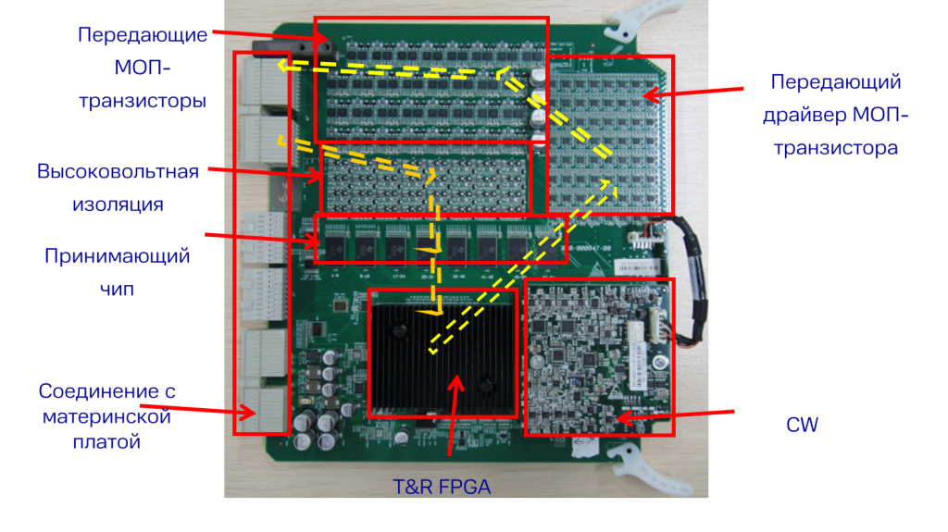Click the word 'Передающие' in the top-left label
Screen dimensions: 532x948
pos(142,35)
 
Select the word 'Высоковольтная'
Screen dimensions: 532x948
pos(118,173)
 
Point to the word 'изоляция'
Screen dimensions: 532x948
pos(118,204)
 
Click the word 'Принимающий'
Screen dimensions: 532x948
pos(118,256)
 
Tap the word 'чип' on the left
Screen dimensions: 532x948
pos(117,289)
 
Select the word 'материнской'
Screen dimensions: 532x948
pos(106,416)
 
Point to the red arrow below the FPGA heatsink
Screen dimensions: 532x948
pos(453,416)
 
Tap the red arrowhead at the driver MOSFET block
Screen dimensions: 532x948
pos(651,93)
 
